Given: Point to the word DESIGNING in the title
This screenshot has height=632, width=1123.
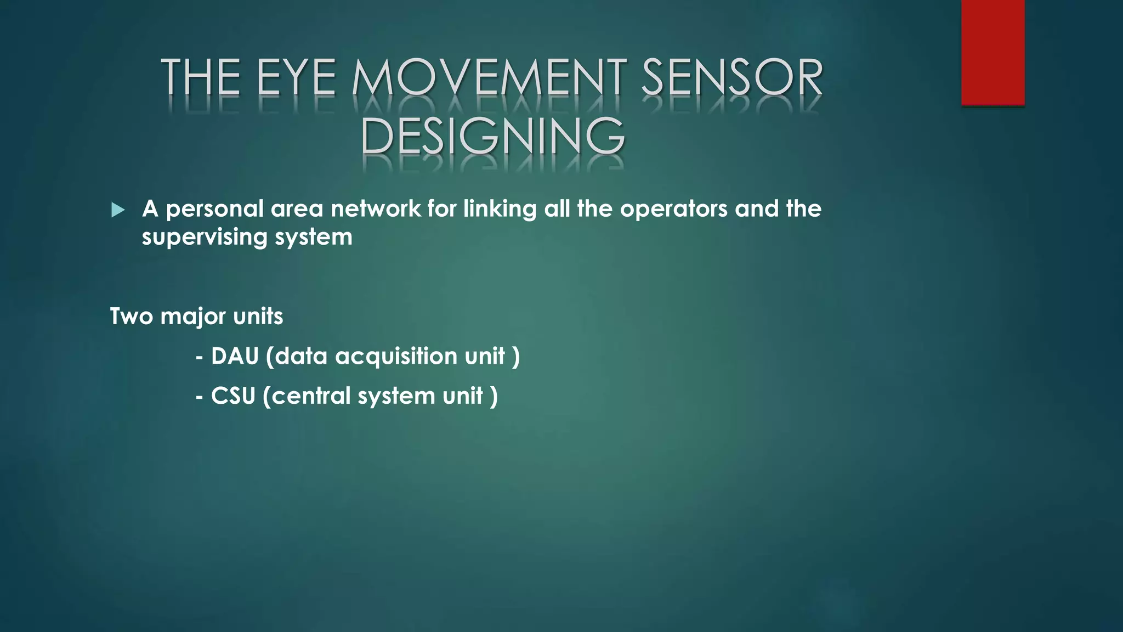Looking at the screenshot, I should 492,136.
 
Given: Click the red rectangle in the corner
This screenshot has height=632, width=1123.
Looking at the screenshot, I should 992,52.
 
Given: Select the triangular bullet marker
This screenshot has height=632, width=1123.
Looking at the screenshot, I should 117,210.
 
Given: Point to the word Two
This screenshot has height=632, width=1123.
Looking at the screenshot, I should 131,316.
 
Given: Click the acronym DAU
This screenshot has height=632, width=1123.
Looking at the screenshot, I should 235,356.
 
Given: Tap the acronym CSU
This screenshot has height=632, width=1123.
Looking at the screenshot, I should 233,396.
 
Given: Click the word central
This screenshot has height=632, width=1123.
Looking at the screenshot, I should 310,396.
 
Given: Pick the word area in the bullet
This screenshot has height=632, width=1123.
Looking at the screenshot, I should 296,209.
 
